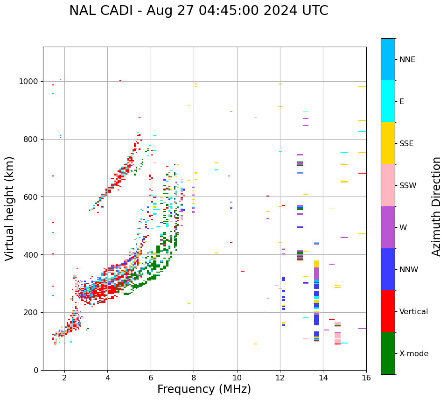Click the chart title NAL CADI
pos(198,11)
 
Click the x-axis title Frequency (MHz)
pos(204,389)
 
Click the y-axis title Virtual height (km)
pos(10,208)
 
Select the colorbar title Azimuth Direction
pos(436,206)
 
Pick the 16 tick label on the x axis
pos(366,378)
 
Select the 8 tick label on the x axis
pos(194,378)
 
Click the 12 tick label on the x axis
pos(280,378)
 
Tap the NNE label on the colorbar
pos(407,60)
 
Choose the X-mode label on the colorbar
pos(414,354)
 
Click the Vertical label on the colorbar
pos(413,312)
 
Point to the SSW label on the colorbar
pos(408,186)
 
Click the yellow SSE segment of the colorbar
pos(388,143)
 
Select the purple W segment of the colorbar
pos(388,227)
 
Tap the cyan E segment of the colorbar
pos(388,101)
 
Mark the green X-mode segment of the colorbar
pos(388,353)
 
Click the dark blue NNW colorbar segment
pos(388,269)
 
